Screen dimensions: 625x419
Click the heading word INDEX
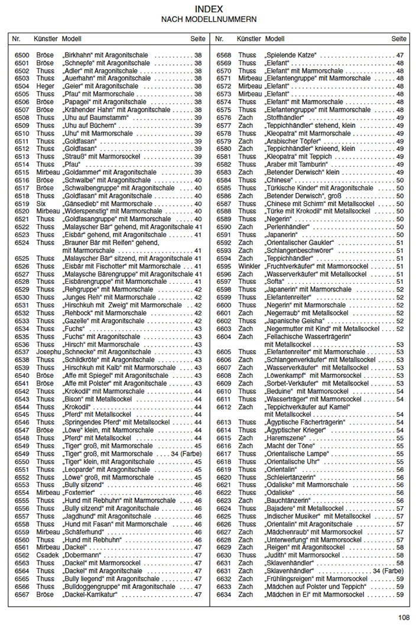coord(209,9)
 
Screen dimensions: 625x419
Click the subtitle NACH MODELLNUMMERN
coord(209,20)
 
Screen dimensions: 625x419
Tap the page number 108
coord(404,617)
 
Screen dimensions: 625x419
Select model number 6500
coord(22,55)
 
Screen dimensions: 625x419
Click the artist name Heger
coord(45,86)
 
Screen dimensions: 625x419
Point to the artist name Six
coord(41,203)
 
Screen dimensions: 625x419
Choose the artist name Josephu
coord(48,352)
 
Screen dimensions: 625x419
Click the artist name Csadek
coord(47,555)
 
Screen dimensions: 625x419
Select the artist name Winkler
coord(249,266)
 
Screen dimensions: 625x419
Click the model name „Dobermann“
coord(83,555)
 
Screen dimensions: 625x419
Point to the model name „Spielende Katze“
coord(291,55)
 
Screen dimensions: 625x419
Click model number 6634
coord(223,594)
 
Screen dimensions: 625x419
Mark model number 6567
coord(22,594)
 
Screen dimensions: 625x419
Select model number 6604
coord(223,336)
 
